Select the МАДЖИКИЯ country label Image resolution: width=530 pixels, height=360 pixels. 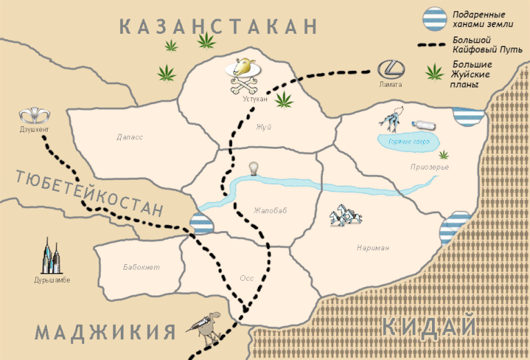pos(105,332)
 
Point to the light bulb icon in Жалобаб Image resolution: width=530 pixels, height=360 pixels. pos(254,168)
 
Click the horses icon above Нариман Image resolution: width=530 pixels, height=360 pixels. pos(345,215)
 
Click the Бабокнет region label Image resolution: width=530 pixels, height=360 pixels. pos(141,267)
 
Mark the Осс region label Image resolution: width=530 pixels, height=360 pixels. pos(246,278)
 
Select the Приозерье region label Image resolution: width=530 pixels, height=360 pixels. pos(429,167)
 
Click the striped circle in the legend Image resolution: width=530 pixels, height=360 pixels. pos(435,19)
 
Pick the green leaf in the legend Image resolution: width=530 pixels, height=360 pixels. pos(434,71)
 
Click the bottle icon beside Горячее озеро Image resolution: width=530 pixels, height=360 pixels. pos(424,125)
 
